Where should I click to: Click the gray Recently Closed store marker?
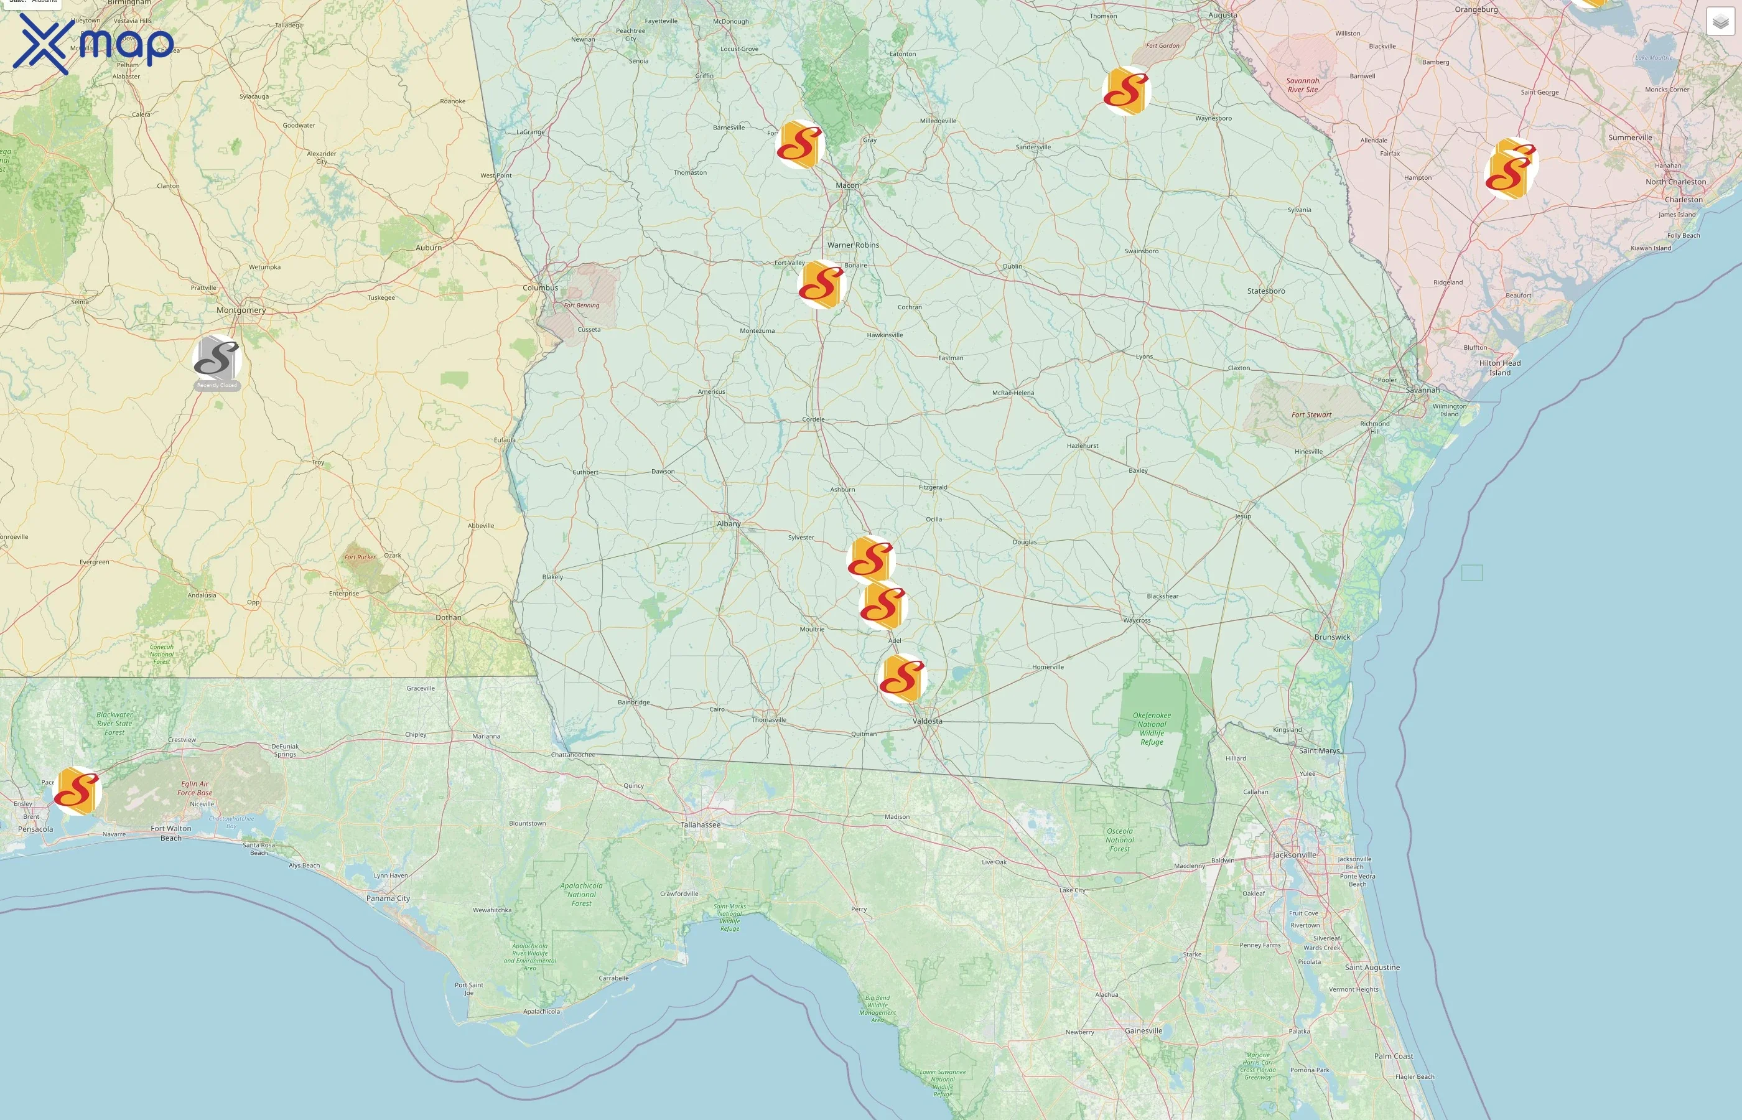pos(217,358)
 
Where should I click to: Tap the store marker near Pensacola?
pos(77,791)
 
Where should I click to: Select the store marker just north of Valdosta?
pos(902,678)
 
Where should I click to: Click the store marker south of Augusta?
pos(1126,91)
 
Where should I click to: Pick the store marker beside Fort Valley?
pos(821,284)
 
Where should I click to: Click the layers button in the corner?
pos(1720,22)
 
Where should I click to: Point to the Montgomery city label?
pos(241,310)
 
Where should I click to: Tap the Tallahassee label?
pos(700,824)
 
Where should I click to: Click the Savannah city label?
pos(1422,390)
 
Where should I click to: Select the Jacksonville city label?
pos(1294,854)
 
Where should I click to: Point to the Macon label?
pos(847,185)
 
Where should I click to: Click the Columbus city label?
pos(540,287)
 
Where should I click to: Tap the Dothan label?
pos(448,617)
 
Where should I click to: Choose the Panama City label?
pos(388,898)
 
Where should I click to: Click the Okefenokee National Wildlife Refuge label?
pos(1152,728)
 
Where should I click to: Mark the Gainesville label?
pos(1143,1030)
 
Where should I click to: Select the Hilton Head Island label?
pos(1499,368)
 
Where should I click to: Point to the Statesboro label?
pos(1266,291)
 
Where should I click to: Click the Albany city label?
pos(729,524)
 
